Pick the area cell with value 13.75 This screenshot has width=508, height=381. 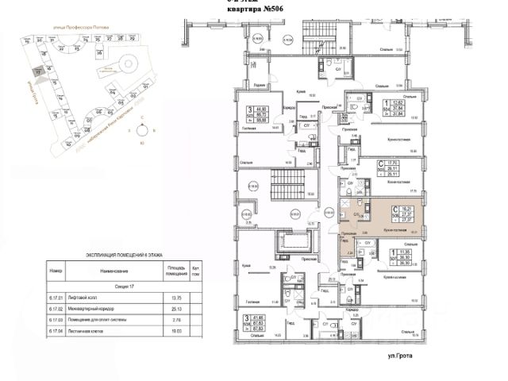[x=177, y=296]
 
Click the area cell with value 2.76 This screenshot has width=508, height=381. [x=177, y=319]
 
